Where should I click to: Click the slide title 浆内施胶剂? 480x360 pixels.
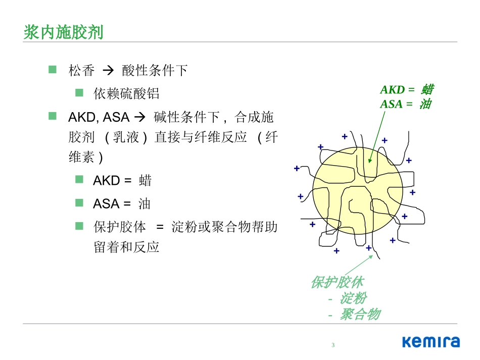[x=63, y=32]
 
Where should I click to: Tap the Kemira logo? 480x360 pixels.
[x=431, y=342]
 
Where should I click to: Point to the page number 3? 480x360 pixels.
[x=333, y=345]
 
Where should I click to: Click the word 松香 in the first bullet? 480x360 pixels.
[x=81, y=70]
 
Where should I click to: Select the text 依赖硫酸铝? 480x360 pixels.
[x=126, y=93]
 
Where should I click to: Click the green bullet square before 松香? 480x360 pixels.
[x=53, y=70]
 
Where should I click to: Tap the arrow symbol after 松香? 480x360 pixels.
[x=108, y=70]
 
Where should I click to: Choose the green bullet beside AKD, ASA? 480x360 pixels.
[x=53, y=117]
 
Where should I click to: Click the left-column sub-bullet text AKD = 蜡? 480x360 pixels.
[x=122, y=180]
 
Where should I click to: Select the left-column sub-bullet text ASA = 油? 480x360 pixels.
[x=122, y=203]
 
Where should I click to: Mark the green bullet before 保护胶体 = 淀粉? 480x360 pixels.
[x=79, y=226]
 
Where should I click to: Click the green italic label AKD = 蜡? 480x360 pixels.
[x=406, y=90]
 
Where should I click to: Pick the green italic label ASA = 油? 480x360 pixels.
[x=405, y=104]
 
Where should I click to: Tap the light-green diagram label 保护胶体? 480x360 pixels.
[x=337, y=282]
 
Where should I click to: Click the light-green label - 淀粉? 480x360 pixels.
[x=347, y=298]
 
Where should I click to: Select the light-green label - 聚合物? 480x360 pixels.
[x=354, y=315]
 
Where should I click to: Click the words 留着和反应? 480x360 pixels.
[x=126, y=247]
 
